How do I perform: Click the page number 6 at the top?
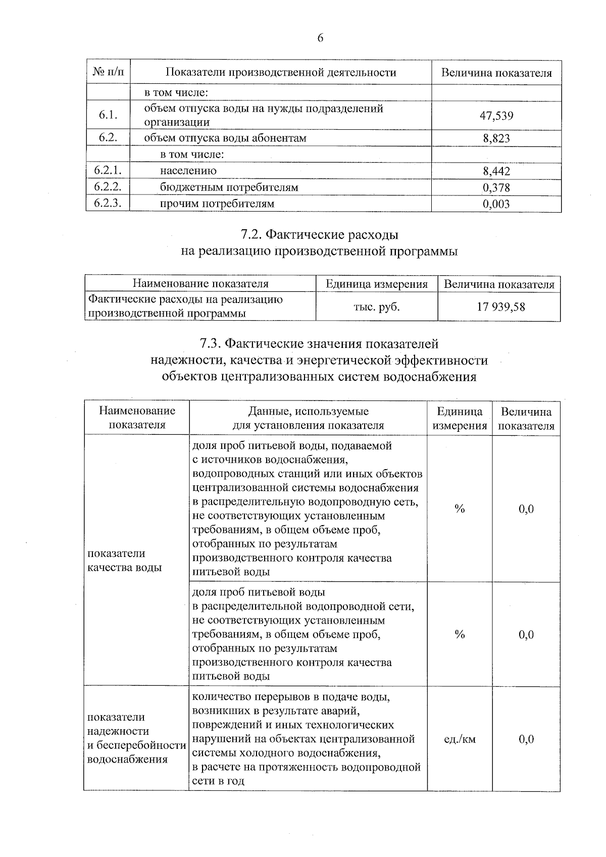pyautogui.click(x=320, y=38)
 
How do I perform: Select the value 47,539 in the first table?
pyautogui.click(x=496, y=116)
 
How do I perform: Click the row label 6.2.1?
pyautogui.click(x=108, y=171)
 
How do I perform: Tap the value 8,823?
pyautogui.click(x=496, y=138)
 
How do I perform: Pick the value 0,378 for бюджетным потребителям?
pyautogui.click(x=496, y=188)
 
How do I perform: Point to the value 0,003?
pyautogui.click(x=496, y=204)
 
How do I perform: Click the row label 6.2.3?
pyautogui.click(x=108, y=203)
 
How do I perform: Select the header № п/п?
pyautogui.click(x=108, y=72)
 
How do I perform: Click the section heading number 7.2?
pyautogui.click(x=251, y=235)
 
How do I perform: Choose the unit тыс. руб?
pyautogui.click(x=376, y=307)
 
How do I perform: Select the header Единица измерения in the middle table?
pyautogui.click(x=376, y=284)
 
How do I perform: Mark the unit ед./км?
pyautogui.click(x=460, y=739)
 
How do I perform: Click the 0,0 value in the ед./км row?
pyautogui.click(x=526, y=739)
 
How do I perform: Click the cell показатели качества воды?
pyautogui.click(x=125, y=561)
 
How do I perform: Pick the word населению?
pyautogui.click(x=188, y=171)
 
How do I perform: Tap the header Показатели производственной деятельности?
pyautogui.click(x=281, y=72)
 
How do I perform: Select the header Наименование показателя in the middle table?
pyautogui.click(x=200, y=284)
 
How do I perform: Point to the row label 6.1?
pyautogui.click(x=108, y=115)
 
